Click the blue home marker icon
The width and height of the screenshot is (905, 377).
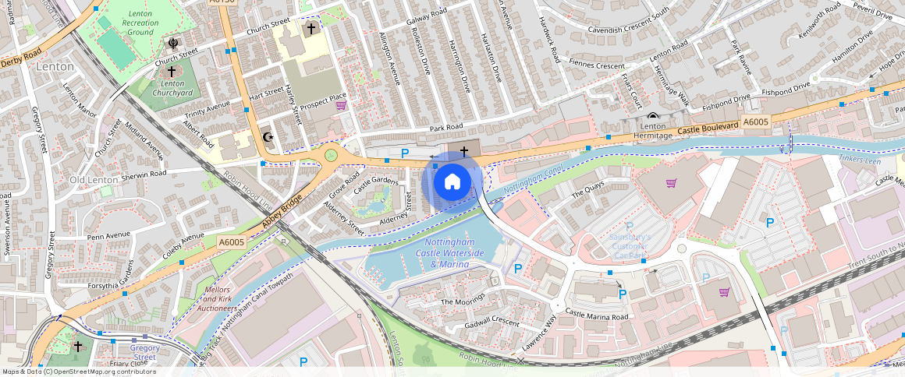click(x=452, y=182)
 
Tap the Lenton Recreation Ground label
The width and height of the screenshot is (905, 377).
click(x=140, y=23)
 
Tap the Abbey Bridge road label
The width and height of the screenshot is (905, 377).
click(x=282, y=213)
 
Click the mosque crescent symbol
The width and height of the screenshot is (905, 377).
click(x=268, y=138)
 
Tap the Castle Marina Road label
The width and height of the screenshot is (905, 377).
click(x=597, y=315)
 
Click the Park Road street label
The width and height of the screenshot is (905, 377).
click(x=445, y=127)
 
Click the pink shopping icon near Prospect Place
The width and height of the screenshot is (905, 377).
click(x=340, y=105)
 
